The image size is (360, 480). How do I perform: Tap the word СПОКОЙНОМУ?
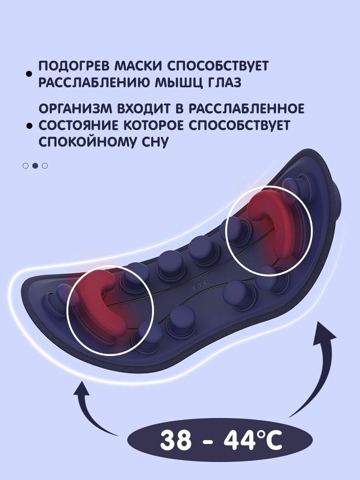tap(89, 142)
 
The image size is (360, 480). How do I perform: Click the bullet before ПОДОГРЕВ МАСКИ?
tap(28, 74)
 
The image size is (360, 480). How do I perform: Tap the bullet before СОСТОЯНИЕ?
tap(28, 126)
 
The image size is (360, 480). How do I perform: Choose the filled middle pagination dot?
tap(35, 165)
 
